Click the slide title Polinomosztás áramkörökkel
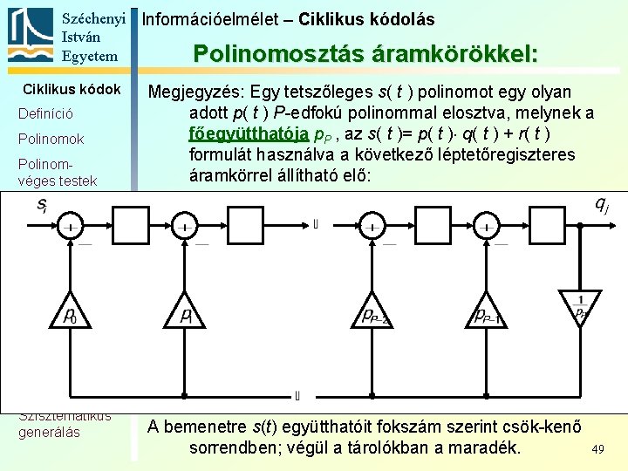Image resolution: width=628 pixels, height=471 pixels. point(365,54)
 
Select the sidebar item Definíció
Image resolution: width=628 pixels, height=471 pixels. point(45,114)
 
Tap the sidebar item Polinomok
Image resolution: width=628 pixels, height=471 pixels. point(51,140)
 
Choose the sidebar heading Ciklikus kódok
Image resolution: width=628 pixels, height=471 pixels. point(72,90)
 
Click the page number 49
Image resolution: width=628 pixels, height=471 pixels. point(597,448)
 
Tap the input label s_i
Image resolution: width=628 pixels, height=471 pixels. point(41,206)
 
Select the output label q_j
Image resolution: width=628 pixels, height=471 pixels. point(601,206)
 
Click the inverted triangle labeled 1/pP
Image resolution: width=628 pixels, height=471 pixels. point(579,304)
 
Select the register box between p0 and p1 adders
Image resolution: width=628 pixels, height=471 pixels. point(128,228)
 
